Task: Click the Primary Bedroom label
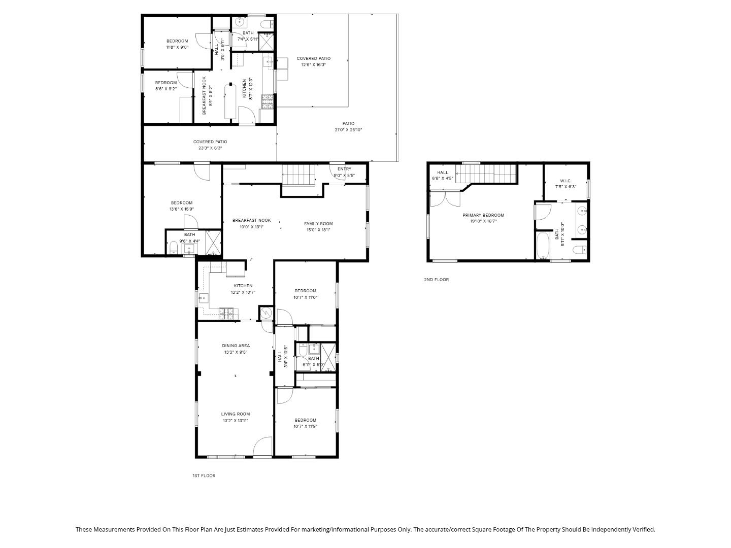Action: [483, 215]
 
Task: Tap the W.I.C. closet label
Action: [566, 181]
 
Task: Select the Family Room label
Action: [318, 224]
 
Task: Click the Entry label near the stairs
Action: [344, 169]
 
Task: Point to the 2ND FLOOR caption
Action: [437, 280]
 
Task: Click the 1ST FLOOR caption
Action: [204, 475]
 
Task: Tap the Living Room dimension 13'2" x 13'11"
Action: [235, 421]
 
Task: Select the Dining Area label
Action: [236, 346]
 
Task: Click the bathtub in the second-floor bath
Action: [543, 246]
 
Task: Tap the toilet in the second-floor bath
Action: [580, 249]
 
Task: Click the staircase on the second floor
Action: [485, 174]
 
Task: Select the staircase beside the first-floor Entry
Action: [298, 175]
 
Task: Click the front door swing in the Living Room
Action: [262, 447]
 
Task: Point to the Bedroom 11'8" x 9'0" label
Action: [177, 41]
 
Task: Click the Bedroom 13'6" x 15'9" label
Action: [181, 203]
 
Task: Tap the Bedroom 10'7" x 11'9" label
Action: [305, 420]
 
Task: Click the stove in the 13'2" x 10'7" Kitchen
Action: [228, 314]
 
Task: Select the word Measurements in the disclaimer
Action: [113, 529]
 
